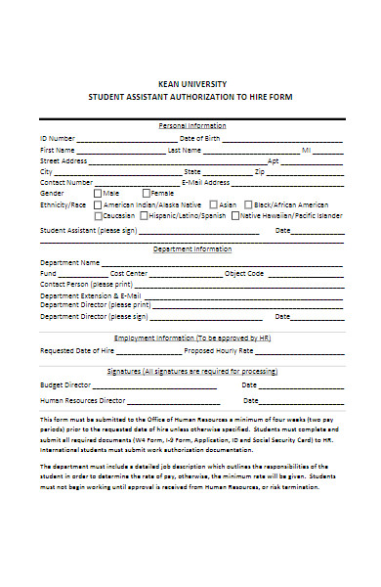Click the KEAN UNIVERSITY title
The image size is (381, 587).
[x=190, y=85]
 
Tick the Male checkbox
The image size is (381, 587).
[x=98, y=193]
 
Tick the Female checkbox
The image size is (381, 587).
[x=146, y=193]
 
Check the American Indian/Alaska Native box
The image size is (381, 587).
[x=98, y=204]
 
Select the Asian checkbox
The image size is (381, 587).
[x=212, y=204]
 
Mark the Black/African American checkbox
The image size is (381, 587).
[x=247, y=204]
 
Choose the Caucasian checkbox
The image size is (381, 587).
[x=98, y=215]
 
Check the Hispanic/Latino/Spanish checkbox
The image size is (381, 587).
[x=145, y=215]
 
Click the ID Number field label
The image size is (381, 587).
[x=58, y=139]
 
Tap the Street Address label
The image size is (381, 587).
[x=63, y=160]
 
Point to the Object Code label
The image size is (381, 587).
[x=244, y=273]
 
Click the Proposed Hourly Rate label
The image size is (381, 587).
[x=219, y=349]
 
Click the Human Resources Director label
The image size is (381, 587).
[x=82, y=400]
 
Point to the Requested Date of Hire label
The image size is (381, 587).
[x=77, y=349]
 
